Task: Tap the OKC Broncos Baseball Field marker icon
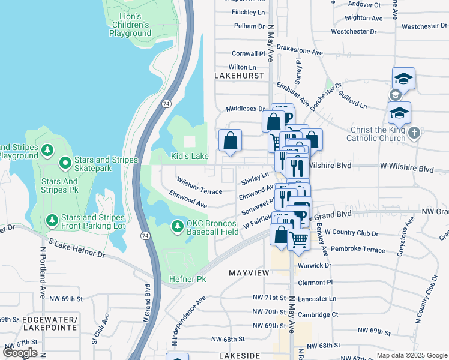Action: tap(177, 226)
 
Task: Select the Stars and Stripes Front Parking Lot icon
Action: tap(52, 221)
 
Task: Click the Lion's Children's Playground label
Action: tap(130, 25)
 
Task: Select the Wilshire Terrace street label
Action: tap(199, 185)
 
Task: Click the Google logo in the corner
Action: tap(20, 353)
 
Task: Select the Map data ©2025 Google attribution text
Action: tap(411, 355)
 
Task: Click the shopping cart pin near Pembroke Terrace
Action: tap(298, 239)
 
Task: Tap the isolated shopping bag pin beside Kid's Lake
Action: tap(230, 141)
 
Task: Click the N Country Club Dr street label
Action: tap(432, 296)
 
